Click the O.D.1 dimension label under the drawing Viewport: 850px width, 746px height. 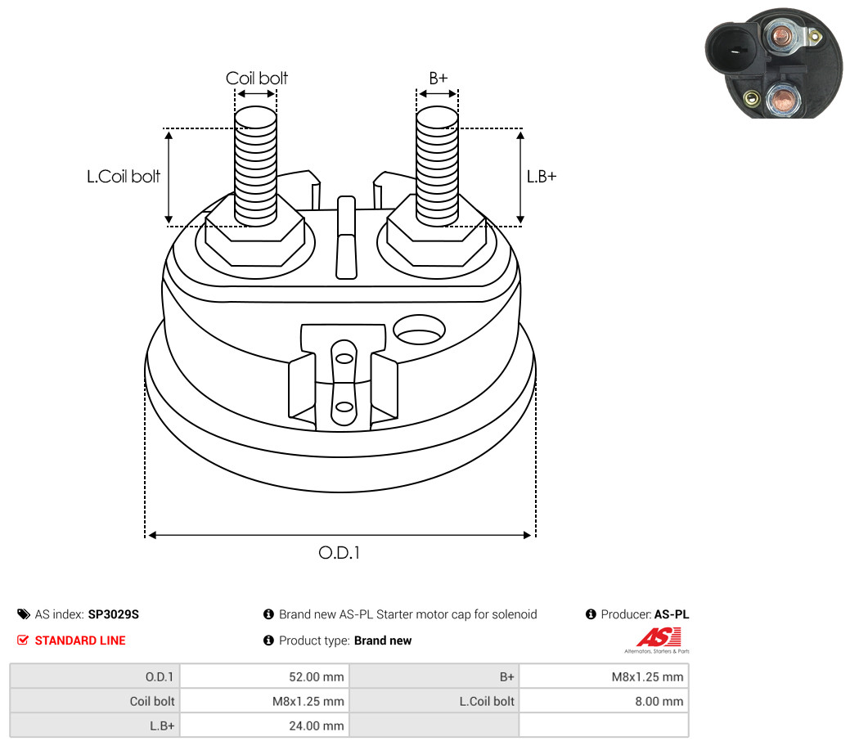tap(339, 552)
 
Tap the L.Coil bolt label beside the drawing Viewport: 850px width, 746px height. tap(124, 176)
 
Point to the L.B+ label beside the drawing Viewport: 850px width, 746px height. tap(542, 176)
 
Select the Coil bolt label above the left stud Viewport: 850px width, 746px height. tap(256, 78)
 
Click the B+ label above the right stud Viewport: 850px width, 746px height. tap(438, 78)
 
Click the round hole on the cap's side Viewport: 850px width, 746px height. tap(419, 330)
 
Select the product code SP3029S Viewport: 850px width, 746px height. tap(113, 614)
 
